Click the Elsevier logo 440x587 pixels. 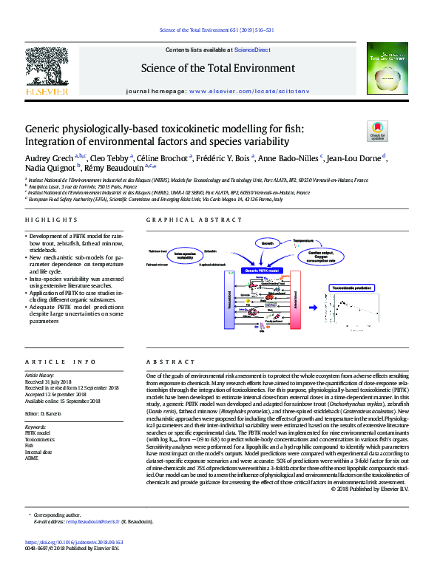pyautogui.click(x=47, y=72)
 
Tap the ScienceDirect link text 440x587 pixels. pyautogui.click(x=251, y=50)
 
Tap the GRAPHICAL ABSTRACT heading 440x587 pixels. pyautogui.click(x=185, y=220)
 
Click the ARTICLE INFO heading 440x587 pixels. pyautogui.click(x=61, y=362)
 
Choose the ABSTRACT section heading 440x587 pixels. pyautogui.click(x=166, y=362)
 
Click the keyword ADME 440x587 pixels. pyautogui.click(x=32, y=459)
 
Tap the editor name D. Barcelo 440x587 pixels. pyautogui.click(x=50, y=413)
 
